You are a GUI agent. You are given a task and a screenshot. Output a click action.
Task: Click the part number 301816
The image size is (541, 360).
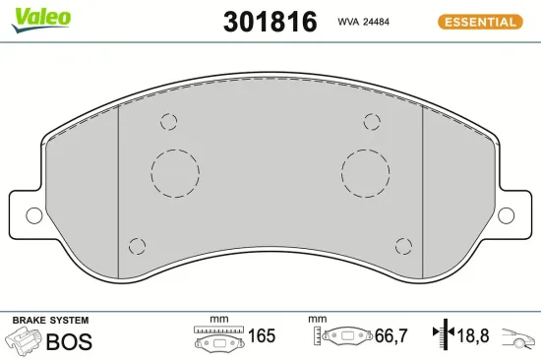tap(270, 22)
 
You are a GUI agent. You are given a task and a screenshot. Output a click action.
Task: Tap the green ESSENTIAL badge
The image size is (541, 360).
tap(480, 21)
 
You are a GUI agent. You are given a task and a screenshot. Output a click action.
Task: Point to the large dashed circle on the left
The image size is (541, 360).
tap(176, 172)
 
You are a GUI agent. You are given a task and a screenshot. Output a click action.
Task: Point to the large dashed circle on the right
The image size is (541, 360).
tap(366, 172)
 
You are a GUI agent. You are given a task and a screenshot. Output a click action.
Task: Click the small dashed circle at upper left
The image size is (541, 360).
tap(168, 122)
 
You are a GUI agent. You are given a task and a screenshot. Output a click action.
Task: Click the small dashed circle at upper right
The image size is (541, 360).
tap(371, 122)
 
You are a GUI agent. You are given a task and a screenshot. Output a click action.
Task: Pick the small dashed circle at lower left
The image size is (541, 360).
tap(138, 245)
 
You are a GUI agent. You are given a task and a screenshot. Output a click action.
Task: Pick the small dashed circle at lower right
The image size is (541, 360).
tap(401, 245)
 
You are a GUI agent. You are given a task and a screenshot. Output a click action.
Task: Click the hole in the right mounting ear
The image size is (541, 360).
tap(507, 213)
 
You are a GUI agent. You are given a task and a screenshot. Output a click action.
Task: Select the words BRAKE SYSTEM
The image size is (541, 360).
tap(50, 321)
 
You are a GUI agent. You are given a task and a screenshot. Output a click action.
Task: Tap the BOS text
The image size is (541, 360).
tap(71, 342)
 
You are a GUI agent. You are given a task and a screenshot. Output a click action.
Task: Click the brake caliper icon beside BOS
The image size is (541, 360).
tap(24, 341)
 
